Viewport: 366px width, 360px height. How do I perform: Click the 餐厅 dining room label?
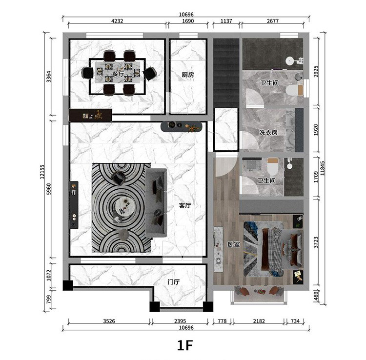[x=118, y=74]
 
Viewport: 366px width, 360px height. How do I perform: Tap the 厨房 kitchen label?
[x=188, y=75]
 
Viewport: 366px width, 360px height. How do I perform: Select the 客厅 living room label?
[x=185, y=205]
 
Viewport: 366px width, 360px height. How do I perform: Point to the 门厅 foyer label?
[x=174, y=282]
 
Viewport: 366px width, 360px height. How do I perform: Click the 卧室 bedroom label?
[x=234, y=244]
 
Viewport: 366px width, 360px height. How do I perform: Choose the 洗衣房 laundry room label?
[x=268, y=133]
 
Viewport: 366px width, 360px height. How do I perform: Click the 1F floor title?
[x=185, y=345]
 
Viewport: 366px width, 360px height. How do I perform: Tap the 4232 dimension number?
[x=117, y=21]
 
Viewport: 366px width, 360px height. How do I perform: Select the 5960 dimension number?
[x=48, y=189]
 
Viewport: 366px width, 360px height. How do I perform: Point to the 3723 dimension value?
[x=316, y=242]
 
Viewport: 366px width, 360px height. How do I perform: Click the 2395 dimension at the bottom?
[x=180, y=321]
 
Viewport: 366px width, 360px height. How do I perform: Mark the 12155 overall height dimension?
[x=42, y=172]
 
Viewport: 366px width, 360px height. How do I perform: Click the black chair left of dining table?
[x=87, y=73]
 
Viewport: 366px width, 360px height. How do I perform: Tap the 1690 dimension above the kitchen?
[x=188, y=21]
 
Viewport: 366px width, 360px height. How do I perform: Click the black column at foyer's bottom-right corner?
[x=208, y=306]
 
